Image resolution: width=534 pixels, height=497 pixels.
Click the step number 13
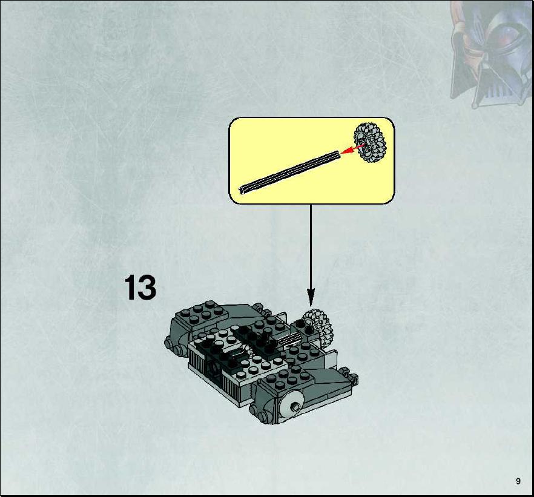[140, 288]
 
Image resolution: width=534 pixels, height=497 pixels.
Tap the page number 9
[518, 481]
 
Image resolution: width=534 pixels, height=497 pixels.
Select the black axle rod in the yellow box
[289, 173]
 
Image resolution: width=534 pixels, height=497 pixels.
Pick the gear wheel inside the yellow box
[370, 143]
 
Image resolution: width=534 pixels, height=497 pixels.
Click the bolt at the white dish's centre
[295, 407]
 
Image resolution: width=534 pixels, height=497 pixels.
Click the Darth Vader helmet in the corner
[492, 54]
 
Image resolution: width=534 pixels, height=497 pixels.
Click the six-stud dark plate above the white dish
[290, 377]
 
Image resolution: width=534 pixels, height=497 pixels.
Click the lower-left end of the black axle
[241, 191]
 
